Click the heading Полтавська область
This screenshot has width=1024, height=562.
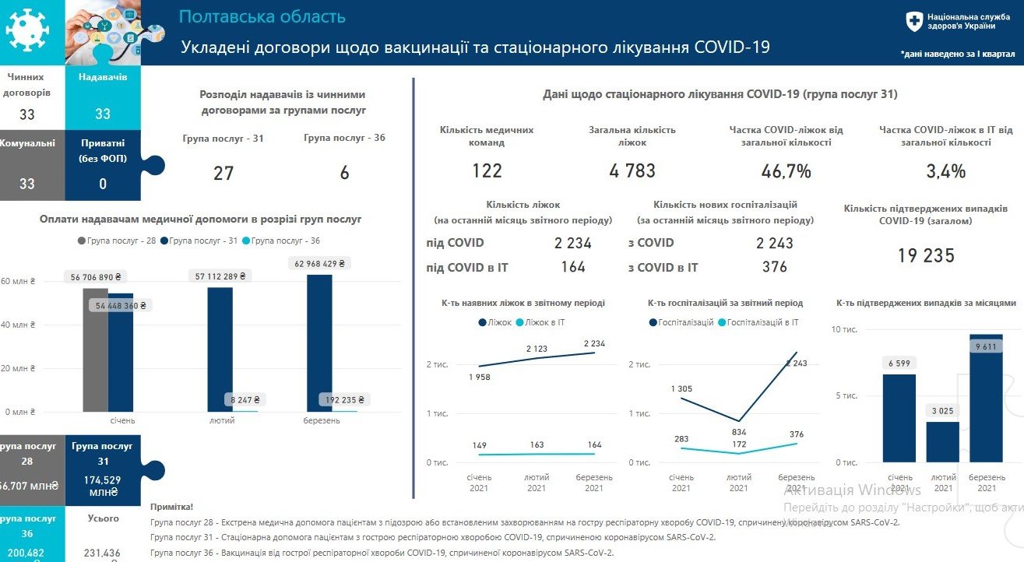click(x=262, y=17)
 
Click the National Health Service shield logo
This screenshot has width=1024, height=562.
click(x=914, y=22)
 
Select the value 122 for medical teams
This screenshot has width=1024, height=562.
click(x=487, y=171)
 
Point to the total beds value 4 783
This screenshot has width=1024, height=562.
click(x=632, y=171)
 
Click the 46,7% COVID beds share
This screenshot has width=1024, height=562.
click(x=786, y=171)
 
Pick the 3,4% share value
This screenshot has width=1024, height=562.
click(x=946, y=171)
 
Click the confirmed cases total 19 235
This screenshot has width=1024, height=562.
click(x=926, y=256)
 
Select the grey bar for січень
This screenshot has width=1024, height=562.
click(x=95, y=350)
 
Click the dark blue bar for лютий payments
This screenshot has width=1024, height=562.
click(x=220, y=350)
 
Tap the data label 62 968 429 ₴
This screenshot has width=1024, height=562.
click(x=319, y=264)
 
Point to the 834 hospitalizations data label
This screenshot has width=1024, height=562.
click(x=739, y=432)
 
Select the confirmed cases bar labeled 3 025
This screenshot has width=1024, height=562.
click(x=942, y=442)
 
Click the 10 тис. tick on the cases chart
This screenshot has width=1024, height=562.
click(x=844, y=330)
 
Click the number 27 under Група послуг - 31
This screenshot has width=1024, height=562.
click(x=223, y=173)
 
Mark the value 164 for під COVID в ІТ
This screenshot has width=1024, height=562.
click(x=572, y=267)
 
